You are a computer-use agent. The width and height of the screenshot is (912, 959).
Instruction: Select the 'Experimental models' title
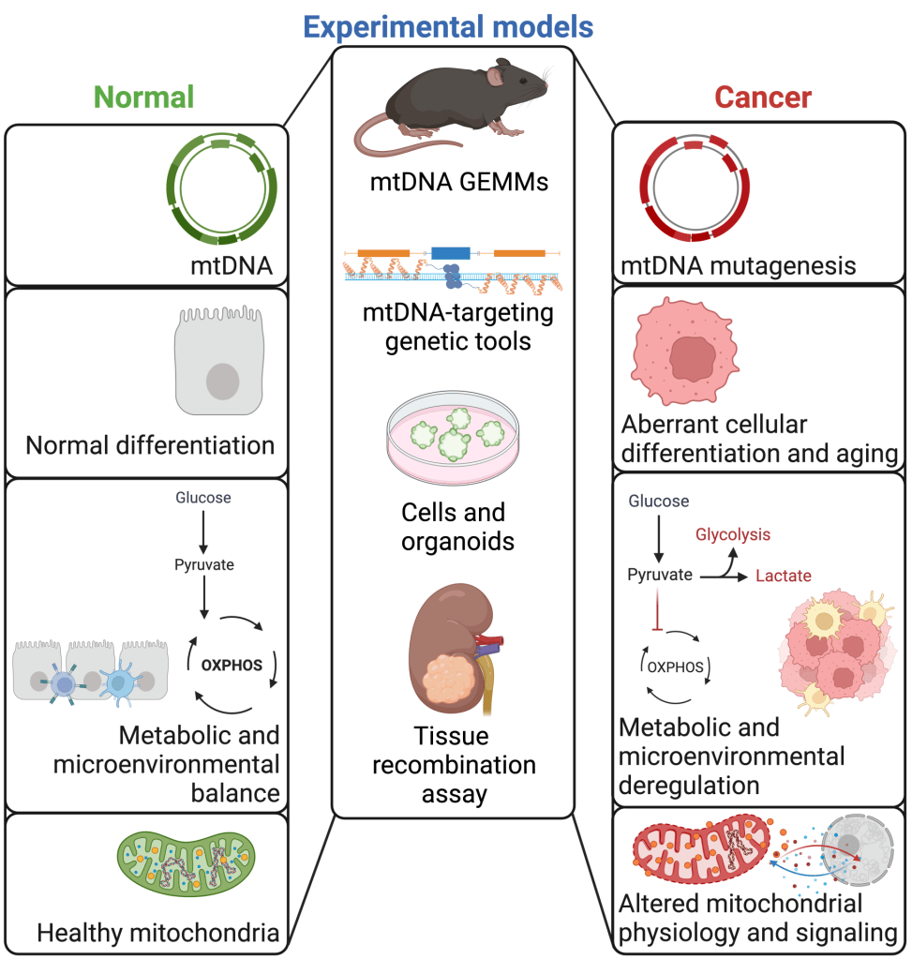coord(450,26)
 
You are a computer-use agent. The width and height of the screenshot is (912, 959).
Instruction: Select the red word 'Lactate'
coord(783,576)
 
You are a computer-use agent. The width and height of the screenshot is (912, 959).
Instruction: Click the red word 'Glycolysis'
coord(732,534)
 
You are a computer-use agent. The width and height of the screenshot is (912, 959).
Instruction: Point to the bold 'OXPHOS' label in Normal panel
coord(231,667)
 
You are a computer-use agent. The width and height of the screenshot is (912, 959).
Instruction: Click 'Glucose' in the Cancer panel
coord(658,502)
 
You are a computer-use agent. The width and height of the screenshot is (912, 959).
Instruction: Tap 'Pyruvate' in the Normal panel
coord(203,564)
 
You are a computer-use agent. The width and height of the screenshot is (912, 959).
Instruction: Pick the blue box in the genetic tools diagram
coord(451,253)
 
